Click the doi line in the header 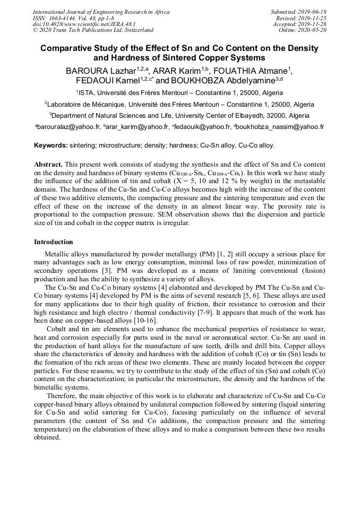click(83, 24)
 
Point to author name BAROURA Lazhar click(100, 71)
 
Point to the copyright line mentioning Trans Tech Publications click(93, 30)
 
